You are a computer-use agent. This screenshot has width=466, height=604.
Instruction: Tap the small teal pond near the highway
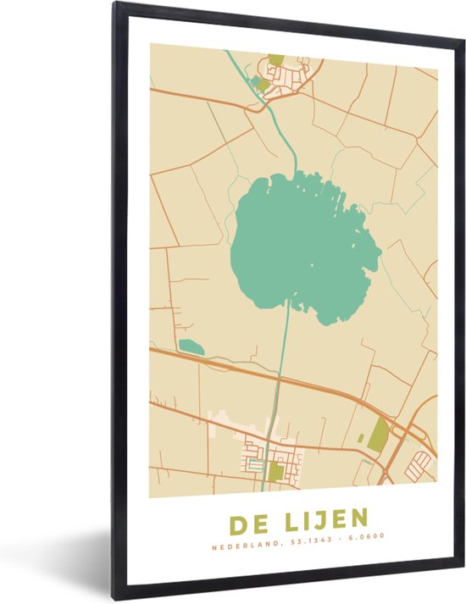(x=191, y=346)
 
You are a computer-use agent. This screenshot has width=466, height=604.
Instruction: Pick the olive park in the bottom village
(x=276, y=472)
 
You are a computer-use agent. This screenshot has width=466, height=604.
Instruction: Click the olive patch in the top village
(x=276, y=60)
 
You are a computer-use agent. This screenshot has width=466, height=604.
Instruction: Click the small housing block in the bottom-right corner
(x=419, y=464)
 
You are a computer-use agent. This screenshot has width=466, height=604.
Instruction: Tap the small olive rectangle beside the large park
(x=362, y=438)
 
